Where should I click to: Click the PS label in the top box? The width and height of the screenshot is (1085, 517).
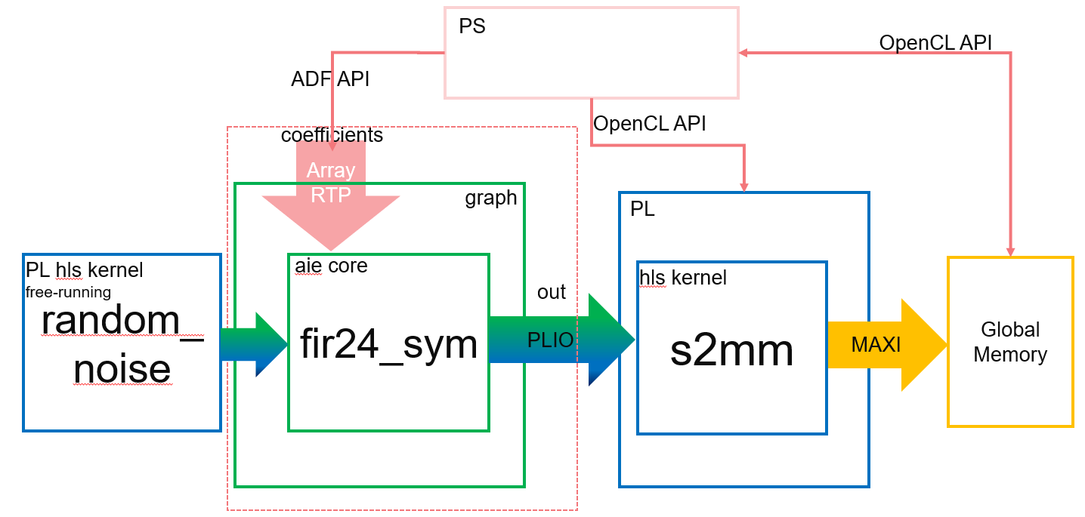coord(471,26)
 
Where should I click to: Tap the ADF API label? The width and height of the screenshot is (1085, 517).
coord(329,78)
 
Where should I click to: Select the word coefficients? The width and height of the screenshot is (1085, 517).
coord(332,135)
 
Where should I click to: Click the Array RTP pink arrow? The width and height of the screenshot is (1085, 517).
coord(331,192)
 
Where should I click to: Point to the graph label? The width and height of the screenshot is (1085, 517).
coord(490,198)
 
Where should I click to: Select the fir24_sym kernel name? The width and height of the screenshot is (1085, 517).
coord(388,345)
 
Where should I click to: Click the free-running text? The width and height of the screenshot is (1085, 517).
coord(69,291)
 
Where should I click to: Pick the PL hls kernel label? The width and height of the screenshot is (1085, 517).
coord(84,269)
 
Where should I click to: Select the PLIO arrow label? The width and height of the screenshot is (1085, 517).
coord(551,341)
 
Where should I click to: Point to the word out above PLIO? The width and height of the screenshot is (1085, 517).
coord(551,293)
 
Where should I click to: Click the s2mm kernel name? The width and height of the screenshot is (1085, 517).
coord(731,350)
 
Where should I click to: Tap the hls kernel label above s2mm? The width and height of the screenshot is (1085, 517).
coord(682,278)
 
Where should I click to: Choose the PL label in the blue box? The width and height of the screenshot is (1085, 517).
coord(642,209)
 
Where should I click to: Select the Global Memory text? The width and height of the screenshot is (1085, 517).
coord(1010,342)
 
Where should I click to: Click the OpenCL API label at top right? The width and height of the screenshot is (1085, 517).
coord(935,42)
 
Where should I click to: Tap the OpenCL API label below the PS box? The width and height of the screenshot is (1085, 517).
coord(649,124)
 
